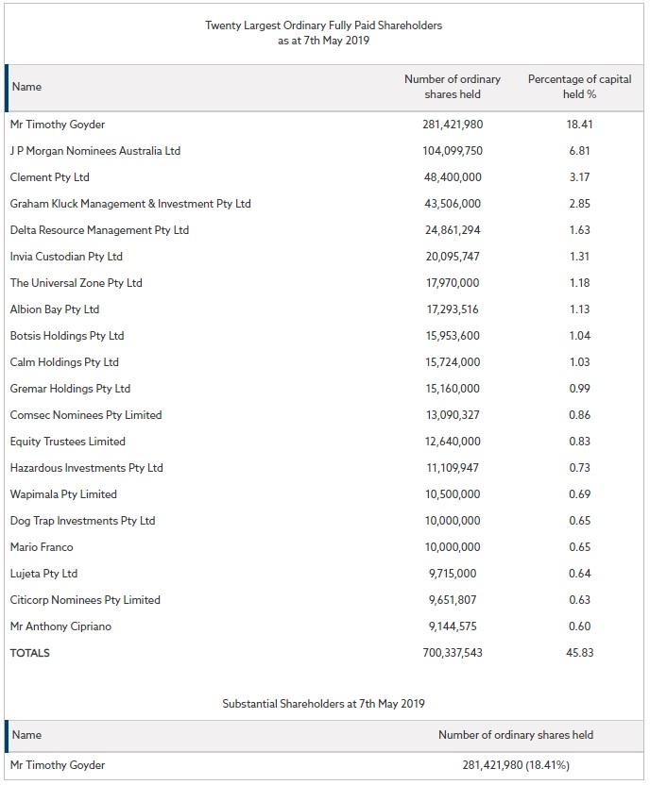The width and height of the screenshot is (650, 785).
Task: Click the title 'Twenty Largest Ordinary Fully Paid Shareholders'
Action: [324, 25]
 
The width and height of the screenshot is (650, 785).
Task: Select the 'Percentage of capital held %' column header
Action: [579, 87]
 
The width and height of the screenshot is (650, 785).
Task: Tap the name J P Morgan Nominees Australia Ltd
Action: [95, 151]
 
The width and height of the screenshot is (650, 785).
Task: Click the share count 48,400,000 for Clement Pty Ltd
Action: [453, 177]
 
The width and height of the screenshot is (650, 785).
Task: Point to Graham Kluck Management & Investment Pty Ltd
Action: [130, 204]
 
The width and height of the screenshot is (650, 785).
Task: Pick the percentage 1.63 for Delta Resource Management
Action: [579, 230]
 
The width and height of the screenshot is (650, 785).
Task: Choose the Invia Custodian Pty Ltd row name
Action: [66, 257]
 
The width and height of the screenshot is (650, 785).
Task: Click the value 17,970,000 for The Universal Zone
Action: [453, 283]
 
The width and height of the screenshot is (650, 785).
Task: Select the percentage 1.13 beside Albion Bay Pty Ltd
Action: [579, 309]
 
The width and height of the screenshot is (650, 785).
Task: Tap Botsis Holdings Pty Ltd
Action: [67, 336]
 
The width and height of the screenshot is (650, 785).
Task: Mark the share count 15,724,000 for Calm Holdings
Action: [453, 362]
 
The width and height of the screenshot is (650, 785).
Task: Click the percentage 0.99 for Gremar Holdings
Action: [579, 389]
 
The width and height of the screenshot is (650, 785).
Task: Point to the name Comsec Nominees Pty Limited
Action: [86, 415]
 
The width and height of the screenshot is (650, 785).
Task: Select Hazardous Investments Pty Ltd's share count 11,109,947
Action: [453, 468]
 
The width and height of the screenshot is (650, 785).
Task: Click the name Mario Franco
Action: [42, 547]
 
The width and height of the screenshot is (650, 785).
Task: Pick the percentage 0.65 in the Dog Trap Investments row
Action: [579, 521]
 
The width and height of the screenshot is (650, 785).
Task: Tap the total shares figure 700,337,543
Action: [453, 653]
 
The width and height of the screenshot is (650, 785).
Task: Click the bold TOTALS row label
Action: [30, 653]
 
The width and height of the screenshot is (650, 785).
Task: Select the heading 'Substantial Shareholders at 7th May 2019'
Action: [324, 704]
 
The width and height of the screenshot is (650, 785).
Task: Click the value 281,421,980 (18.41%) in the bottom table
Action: [516, 765]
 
